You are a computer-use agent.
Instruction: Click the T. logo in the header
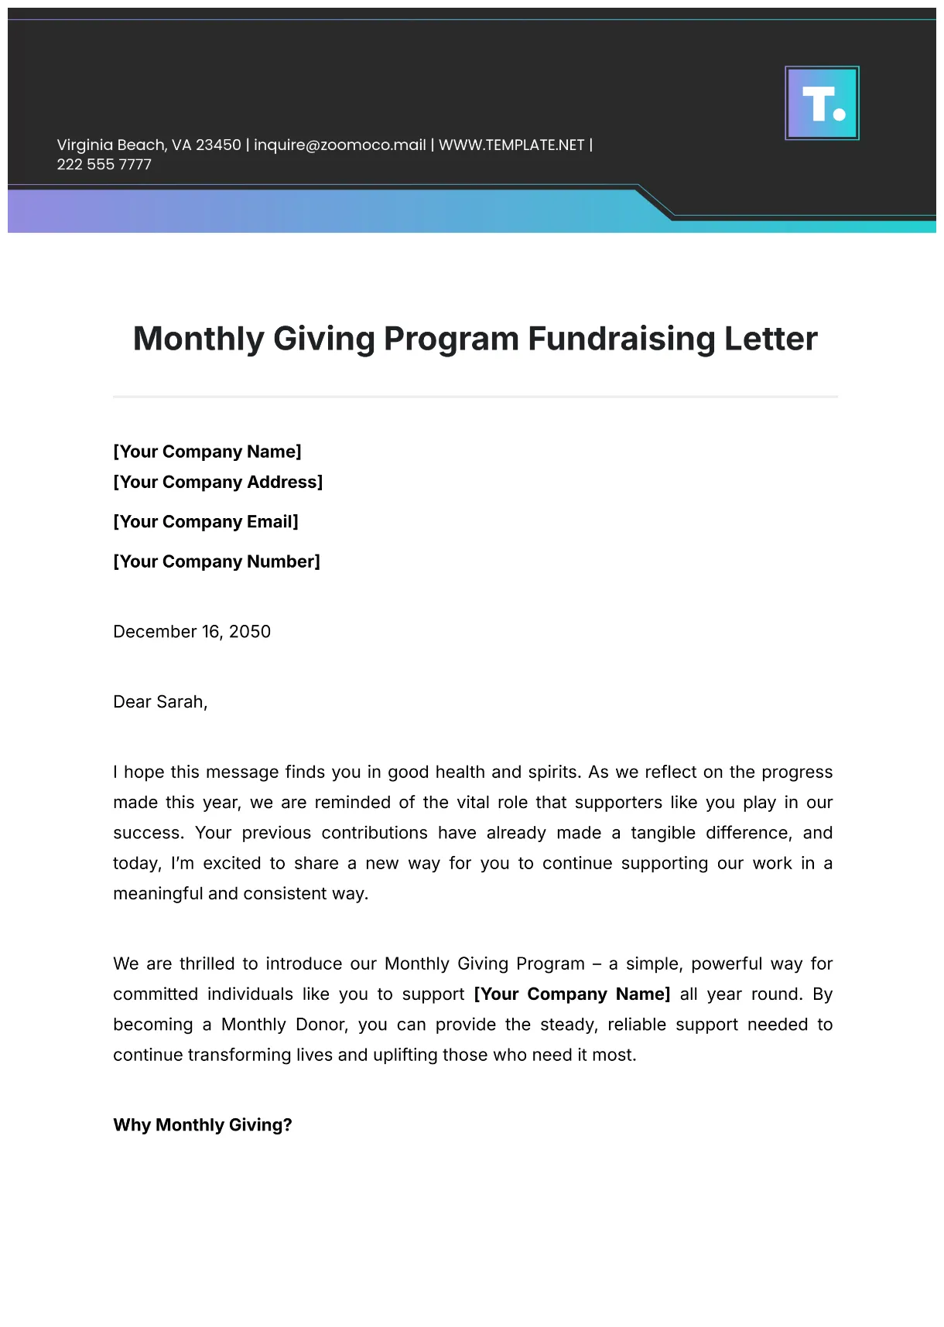(822, 103)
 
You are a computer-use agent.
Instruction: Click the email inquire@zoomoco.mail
(340, 145)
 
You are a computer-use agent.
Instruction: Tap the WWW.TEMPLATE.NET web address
(511, 145)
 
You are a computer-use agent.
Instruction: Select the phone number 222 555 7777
(104, 164)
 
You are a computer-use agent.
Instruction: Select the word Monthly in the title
(199, 339)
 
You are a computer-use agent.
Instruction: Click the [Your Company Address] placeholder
(217, 482)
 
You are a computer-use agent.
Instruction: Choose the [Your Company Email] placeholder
(205, 521)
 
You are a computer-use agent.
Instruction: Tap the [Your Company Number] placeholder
(216, 561)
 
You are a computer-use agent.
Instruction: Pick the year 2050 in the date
(250, 632)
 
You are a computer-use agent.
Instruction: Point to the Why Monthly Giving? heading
(203, 1124)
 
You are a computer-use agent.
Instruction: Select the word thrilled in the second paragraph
(207, 964)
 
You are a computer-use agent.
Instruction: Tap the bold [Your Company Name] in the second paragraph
(572, 994)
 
